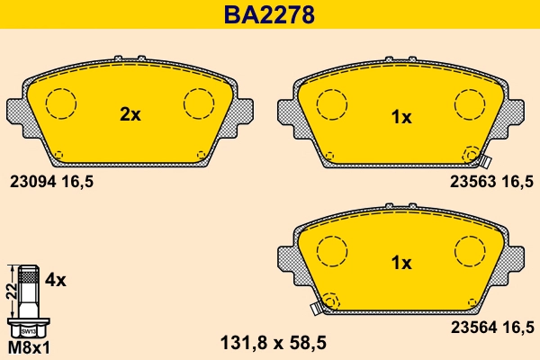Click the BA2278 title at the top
269,15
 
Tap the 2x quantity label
130,114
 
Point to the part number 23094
31,180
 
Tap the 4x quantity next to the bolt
56,280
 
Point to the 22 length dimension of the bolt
9,290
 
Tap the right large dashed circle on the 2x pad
198,104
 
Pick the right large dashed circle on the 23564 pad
469,250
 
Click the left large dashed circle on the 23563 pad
331,104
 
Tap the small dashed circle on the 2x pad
58,154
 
